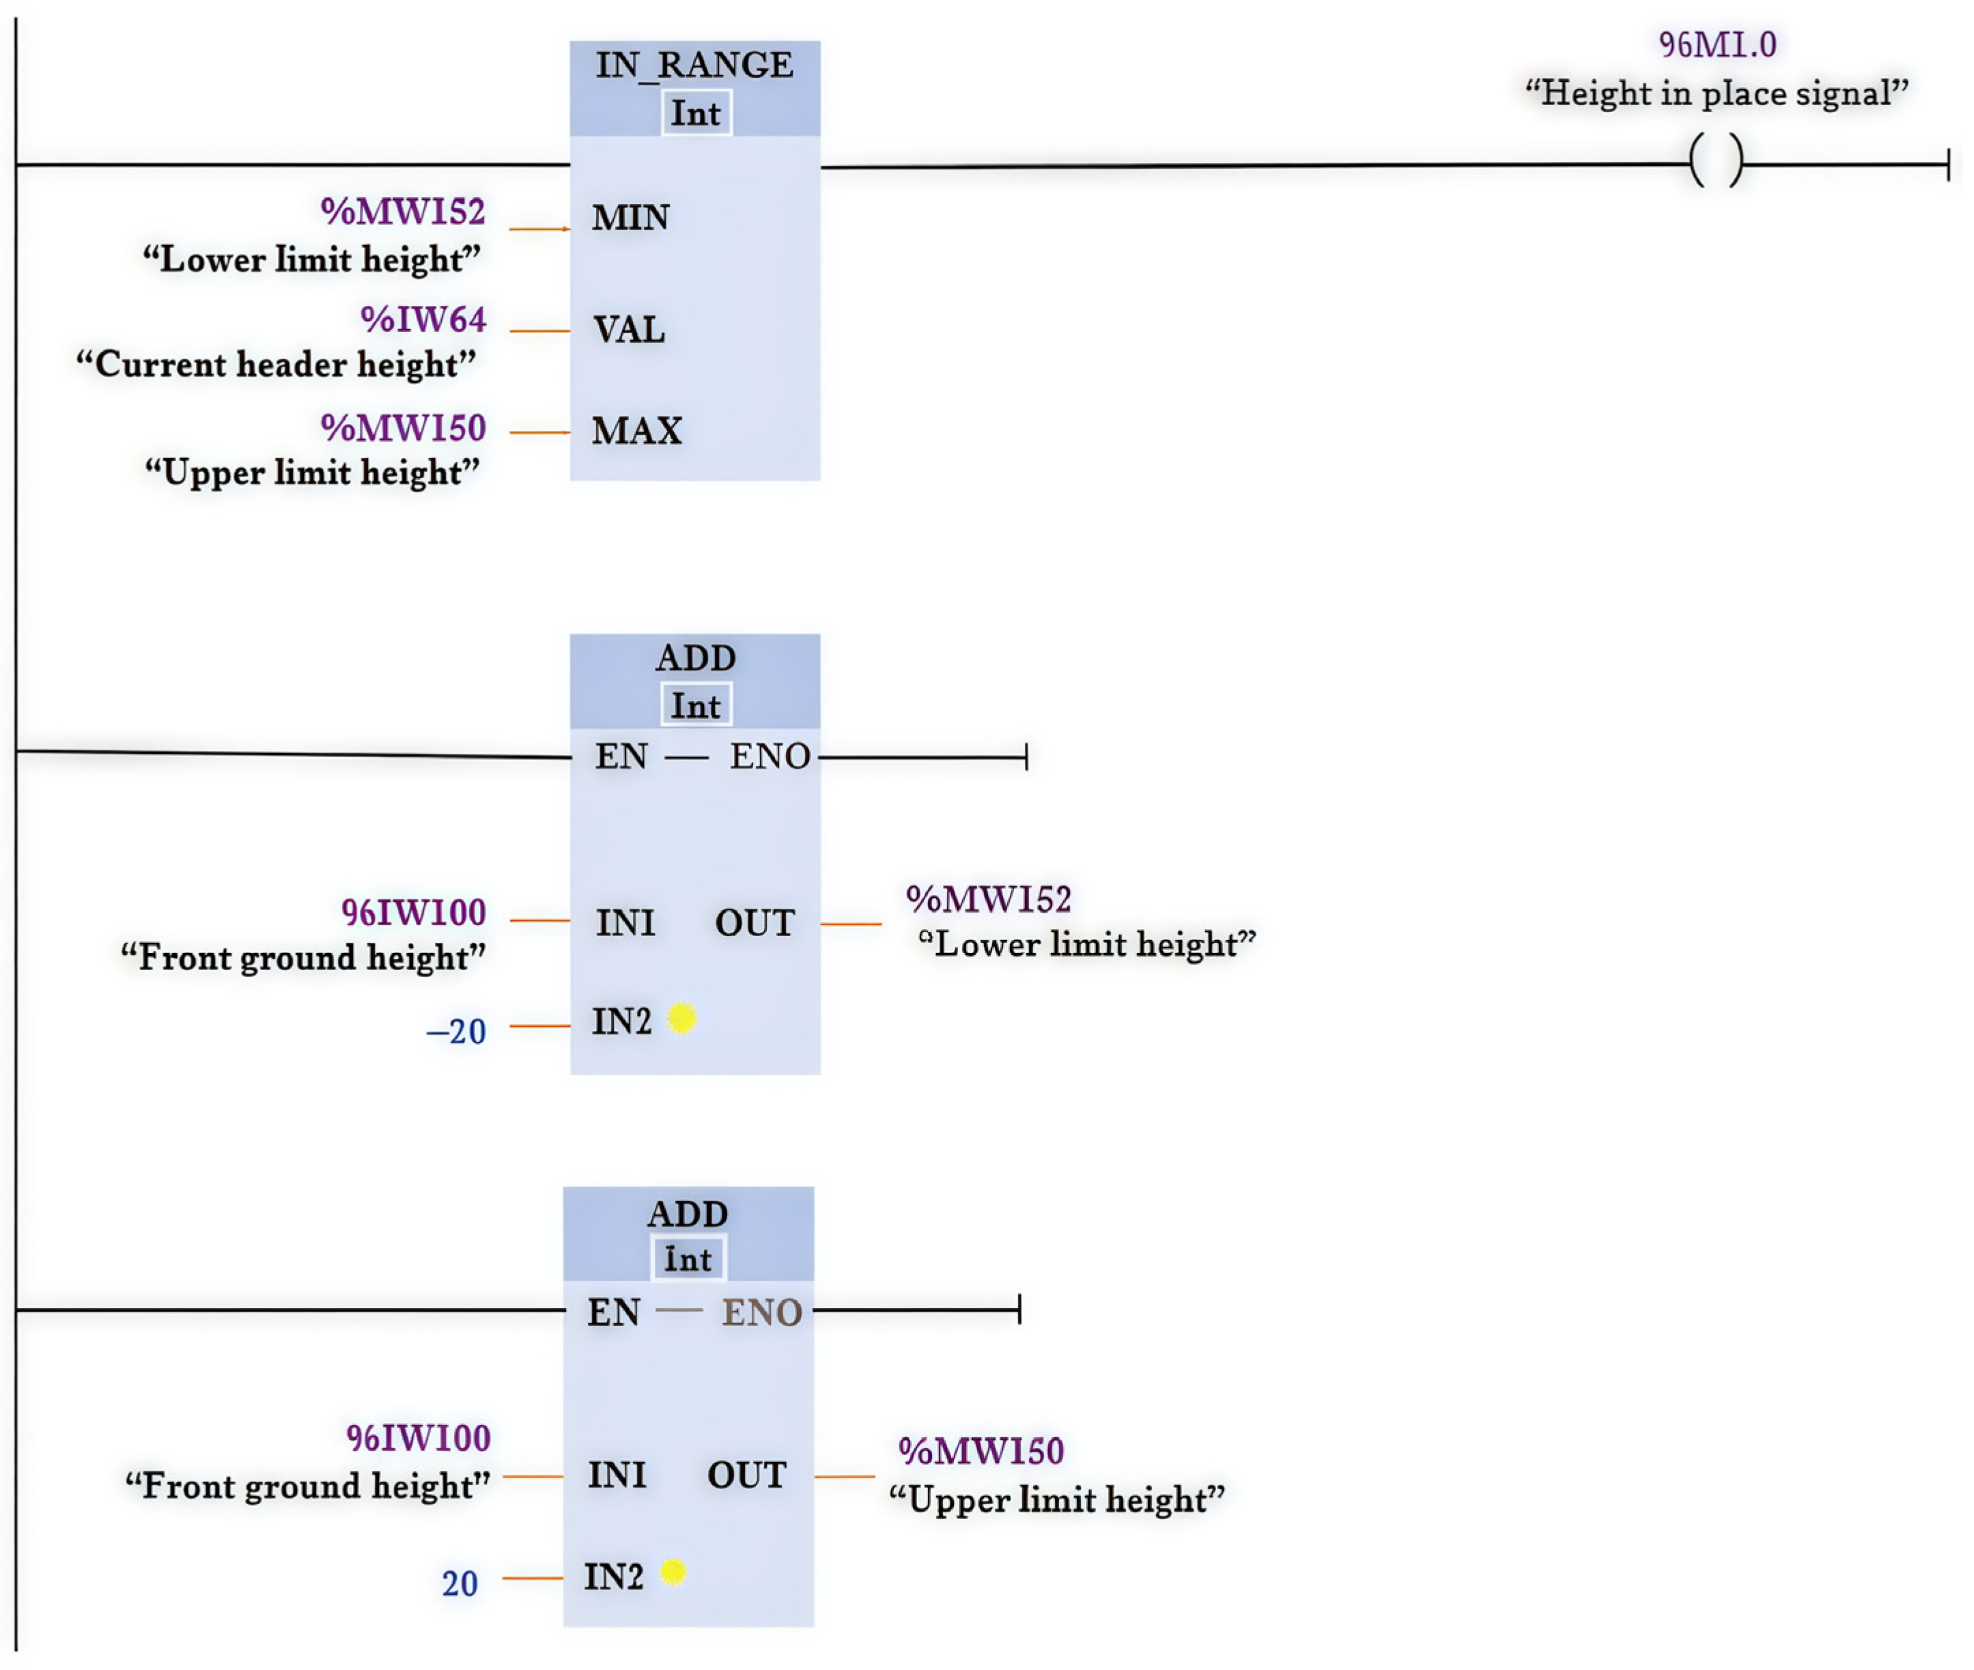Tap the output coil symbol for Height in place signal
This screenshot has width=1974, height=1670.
tap(1715, 162)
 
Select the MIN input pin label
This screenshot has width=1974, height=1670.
tap(630, 218)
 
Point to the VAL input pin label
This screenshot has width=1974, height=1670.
tap(629, 330)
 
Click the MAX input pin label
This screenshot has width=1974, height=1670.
tap(636, 431)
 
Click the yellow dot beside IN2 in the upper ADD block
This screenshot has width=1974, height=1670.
tap(681, 1019)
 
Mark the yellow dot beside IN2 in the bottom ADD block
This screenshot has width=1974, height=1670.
tap(673, 1572)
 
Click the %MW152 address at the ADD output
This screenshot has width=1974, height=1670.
tap(989, 899)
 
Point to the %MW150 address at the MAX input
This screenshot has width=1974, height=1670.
tap(404, 429)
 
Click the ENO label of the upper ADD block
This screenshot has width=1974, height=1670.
tap(770, 756)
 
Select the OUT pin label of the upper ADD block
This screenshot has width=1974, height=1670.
tap(755, 923)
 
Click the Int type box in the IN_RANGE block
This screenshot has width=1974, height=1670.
tap(696, 113)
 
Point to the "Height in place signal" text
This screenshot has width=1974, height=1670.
tap(1717, 94)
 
